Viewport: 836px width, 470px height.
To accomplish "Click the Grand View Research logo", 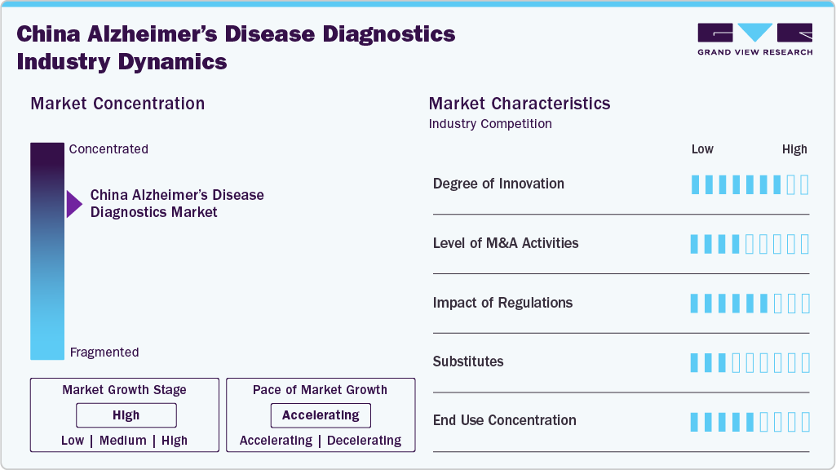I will pos(754,38).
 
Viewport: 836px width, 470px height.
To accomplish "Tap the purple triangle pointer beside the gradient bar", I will pos(74,203).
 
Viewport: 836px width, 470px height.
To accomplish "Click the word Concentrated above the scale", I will pos(108,149).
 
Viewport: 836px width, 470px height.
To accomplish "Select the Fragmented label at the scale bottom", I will pos(104,352).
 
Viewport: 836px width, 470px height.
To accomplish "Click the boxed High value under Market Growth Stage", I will pos(126,415).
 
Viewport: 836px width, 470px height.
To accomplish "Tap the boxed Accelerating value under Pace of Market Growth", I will pos(321,415).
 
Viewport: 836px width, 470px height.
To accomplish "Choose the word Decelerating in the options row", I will pos(364,441).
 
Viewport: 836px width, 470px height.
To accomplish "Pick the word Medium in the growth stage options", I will pos(123,441).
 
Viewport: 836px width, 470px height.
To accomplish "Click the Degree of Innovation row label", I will pos(498,184).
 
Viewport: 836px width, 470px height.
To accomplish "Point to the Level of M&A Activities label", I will pos(506,243).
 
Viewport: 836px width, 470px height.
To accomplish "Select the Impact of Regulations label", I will pos(502,303).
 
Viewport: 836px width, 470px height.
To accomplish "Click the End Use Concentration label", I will pos(504,420).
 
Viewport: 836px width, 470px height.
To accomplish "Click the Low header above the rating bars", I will pos(702,149).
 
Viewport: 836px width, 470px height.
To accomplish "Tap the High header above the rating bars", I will pos(794,149).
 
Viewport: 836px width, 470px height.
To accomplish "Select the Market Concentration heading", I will pos(117,104).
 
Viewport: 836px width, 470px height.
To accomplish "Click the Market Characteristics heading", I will pos(520,104).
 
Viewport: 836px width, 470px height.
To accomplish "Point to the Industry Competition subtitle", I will pos(490,124).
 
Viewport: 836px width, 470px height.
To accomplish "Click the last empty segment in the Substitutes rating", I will pos(805,362).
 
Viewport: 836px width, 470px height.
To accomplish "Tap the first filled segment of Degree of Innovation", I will pos(696,184).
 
